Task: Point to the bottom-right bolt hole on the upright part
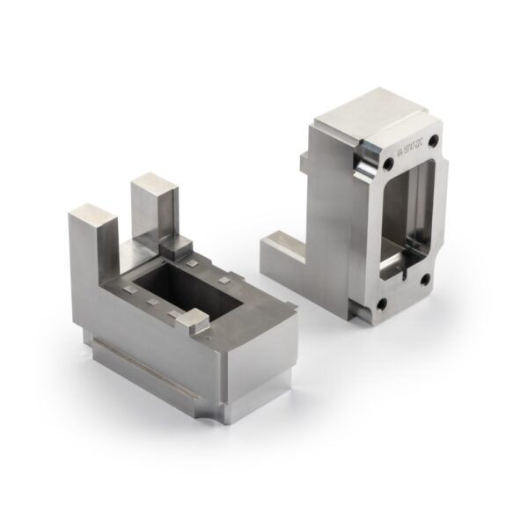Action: point(424,279)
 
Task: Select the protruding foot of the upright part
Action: point(280,253)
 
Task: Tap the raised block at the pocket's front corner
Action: point(196,322)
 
